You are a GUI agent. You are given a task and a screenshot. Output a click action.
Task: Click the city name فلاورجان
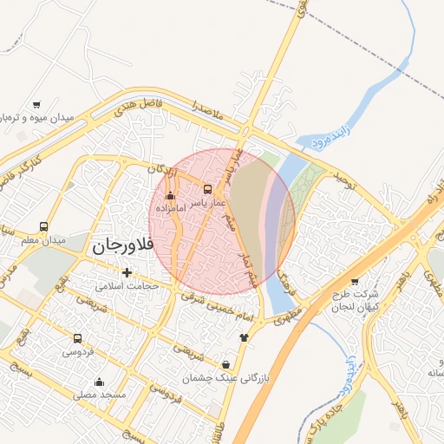[122, 246]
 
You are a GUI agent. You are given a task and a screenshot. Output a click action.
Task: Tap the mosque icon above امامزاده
[169, 195]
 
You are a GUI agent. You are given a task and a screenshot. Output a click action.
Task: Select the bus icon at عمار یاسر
[207, 189]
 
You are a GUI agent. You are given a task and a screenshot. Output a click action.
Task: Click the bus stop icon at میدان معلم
[43, 226]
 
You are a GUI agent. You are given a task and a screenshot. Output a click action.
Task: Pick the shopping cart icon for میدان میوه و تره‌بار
[36, 104]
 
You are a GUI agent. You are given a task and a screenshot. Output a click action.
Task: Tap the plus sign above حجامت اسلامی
[127, 272]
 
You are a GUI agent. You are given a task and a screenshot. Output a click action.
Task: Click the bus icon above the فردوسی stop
[78, 339]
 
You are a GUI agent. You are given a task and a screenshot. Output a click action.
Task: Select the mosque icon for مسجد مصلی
[99, 382]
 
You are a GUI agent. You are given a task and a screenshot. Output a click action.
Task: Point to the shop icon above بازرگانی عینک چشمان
[226, 364]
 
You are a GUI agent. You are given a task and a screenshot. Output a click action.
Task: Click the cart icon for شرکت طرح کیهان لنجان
[354, 281]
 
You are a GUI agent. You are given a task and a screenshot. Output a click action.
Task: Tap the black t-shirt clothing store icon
[244, 336]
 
